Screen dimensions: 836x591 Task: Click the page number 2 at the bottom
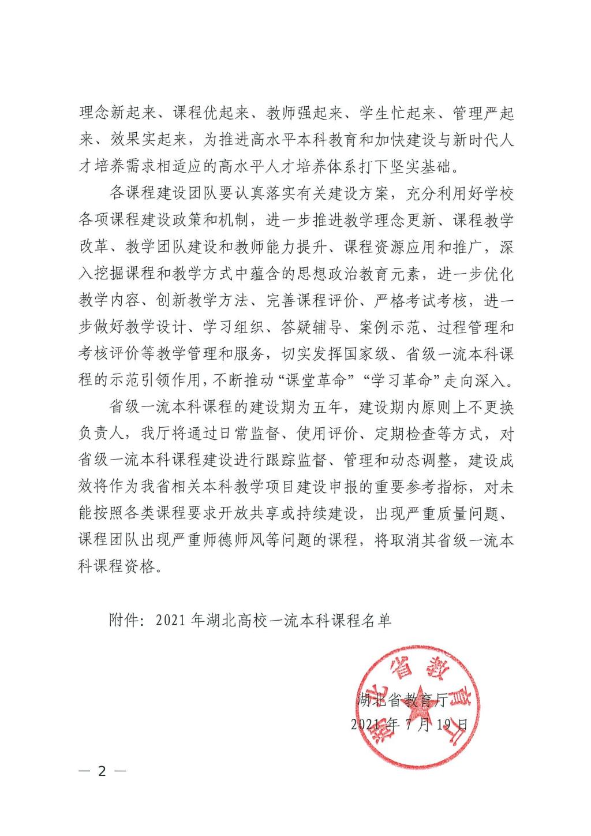pos(103,771)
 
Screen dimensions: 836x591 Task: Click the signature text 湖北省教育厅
pos(403,700)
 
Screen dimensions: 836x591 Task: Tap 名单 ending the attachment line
pos(378,620)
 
